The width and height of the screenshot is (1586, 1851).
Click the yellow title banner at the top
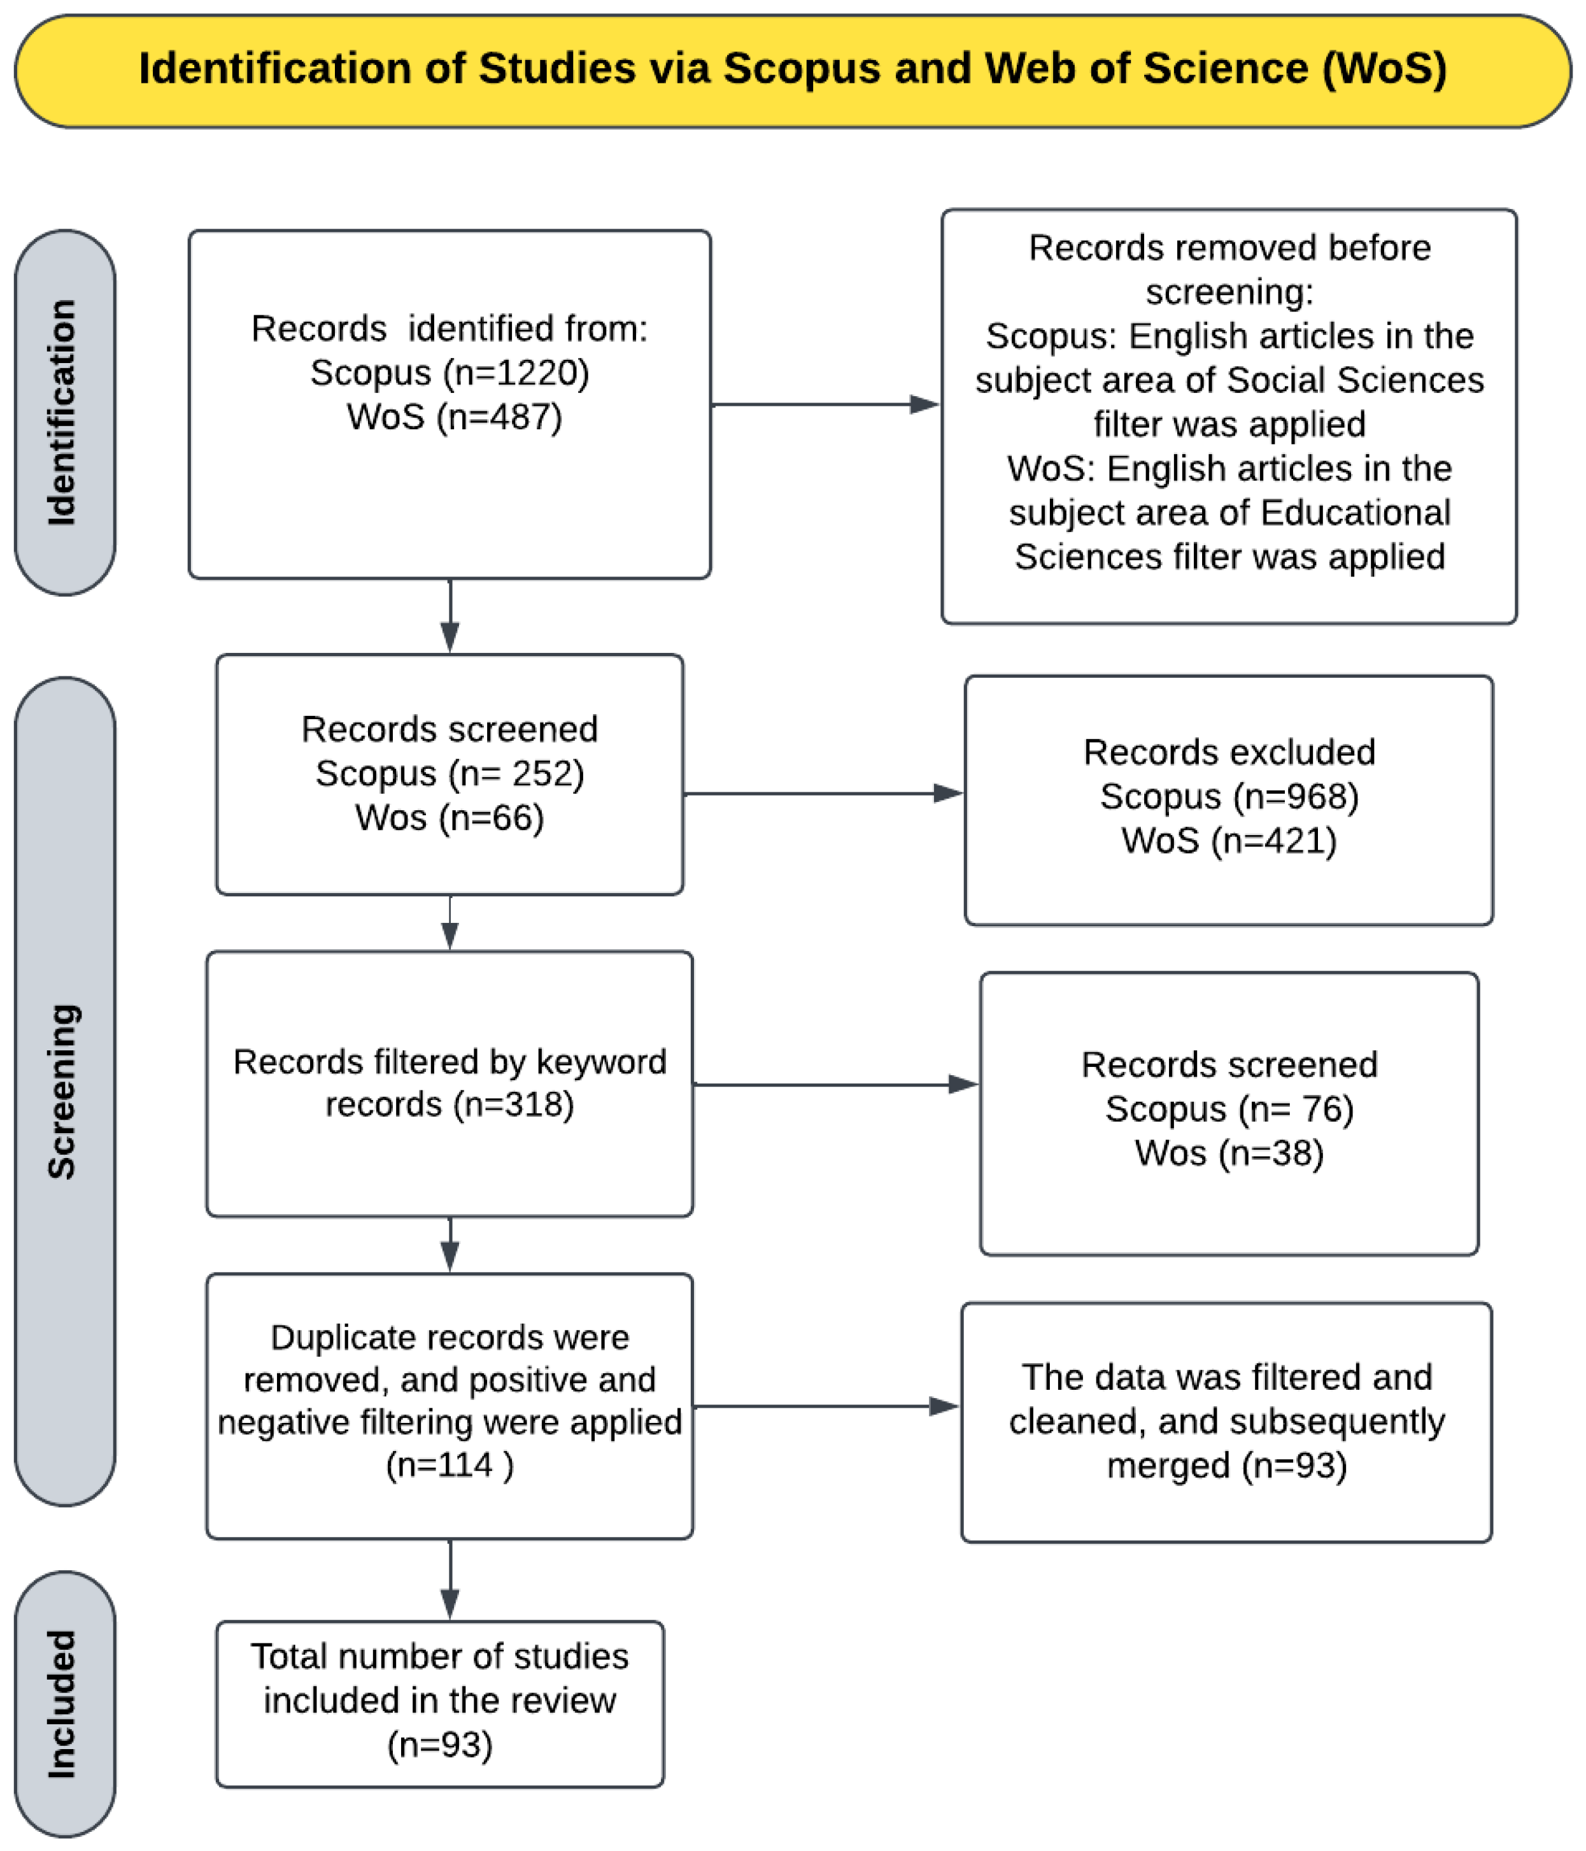[x=793, y=71]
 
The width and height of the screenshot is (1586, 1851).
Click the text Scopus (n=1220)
[x=450, y=373]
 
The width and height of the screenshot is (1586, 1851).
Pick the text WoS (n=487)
[x=455, y=417]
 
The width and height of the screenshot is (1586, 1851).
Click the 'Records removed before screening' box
[x=1229, y=417]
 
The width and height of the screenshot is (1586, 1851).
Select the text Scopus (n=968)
[x=1229, y=796]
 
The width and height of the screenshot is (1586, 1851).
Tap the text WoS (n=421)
[x=1229, y=841]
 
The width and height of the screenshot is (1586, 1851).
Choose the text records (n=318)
[x=450, y=1105]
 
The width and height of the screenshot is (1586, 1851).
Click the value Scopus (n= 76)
[x=1229, y=1109]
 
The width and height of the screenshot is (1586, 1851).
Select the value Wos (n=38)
[x=1229, y=1154]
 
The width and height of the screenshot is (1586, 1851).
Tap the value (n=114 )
[x=450, y=1465]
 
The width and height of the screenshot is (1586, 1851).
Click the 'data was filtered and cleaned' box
[x=1226, y=1423]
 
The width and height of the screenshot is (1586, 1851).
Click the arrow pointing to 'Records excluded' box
[x=823, y=793]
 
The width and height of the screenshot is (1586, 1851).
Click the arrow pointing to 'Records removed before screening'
[x=826, y=404]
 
